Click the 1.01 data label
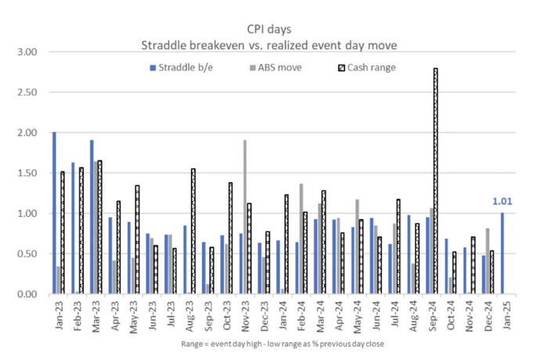(502, 202)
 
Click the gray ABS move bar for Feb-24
(301, 239)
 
